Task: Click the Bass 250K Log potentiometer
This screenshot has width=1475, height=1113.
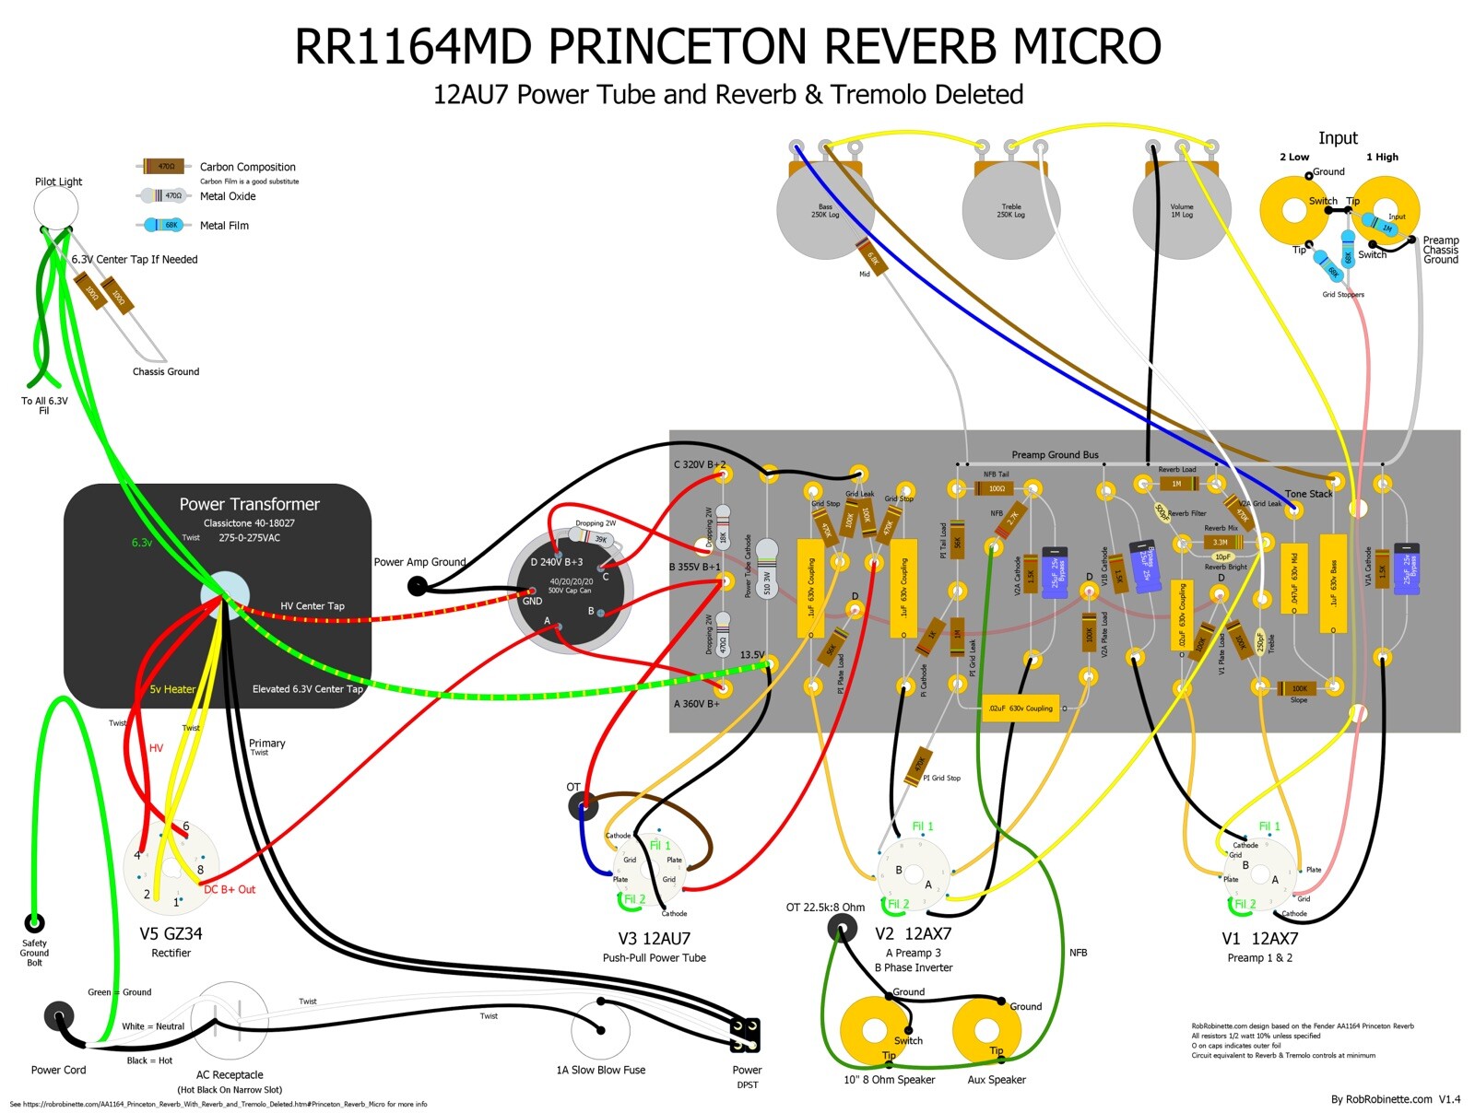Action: pyautogui.click(x=825, y=211)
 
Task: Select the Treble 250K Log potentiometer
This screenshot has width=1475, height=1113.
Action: pyautogui.click(x=1010, y=211)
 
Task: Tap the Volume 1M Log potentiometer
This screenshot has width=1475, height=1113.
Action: pyautogui.click(x=1181, y=211)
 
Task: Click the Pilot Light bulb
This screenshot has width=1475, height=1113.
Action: pyautogui.click(x=56, y=208)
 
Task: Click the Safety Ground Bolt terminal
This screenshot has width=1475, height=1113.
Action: pyautogui.click(x=34, y=922)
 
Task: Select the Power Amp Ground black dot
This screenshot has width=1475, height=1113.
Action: pyautogui.click(x=418, y=585)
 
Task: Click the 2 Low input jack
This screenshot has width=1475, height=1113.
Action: pyautogui.click(x=1293, y=211)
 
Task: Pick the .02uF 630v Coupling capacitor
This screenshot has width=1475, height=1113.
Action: pyautogui.click(x=1020, y=708)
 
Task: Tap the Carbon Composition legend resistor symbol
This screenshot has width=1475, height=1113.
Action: pyautogui.click(x=164, y=167)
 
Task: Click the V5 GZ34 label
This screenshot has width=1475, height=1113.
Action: pyautogui.click(x=171, y=933)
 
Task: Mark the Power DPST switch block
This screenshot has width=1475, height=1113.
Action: pyautogui.click(x=745, y=1035)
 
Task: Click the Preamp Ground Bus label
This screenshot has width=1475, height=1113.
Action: pyautogui.click(x=1055, y=454)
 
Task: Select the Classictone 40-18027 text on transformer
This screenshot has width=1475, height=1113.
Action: pyautogui.click(x=249, y=522)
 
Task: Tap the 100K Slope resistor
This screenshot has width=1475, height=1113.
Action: pyautogui.click(x=1298, y=687)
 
